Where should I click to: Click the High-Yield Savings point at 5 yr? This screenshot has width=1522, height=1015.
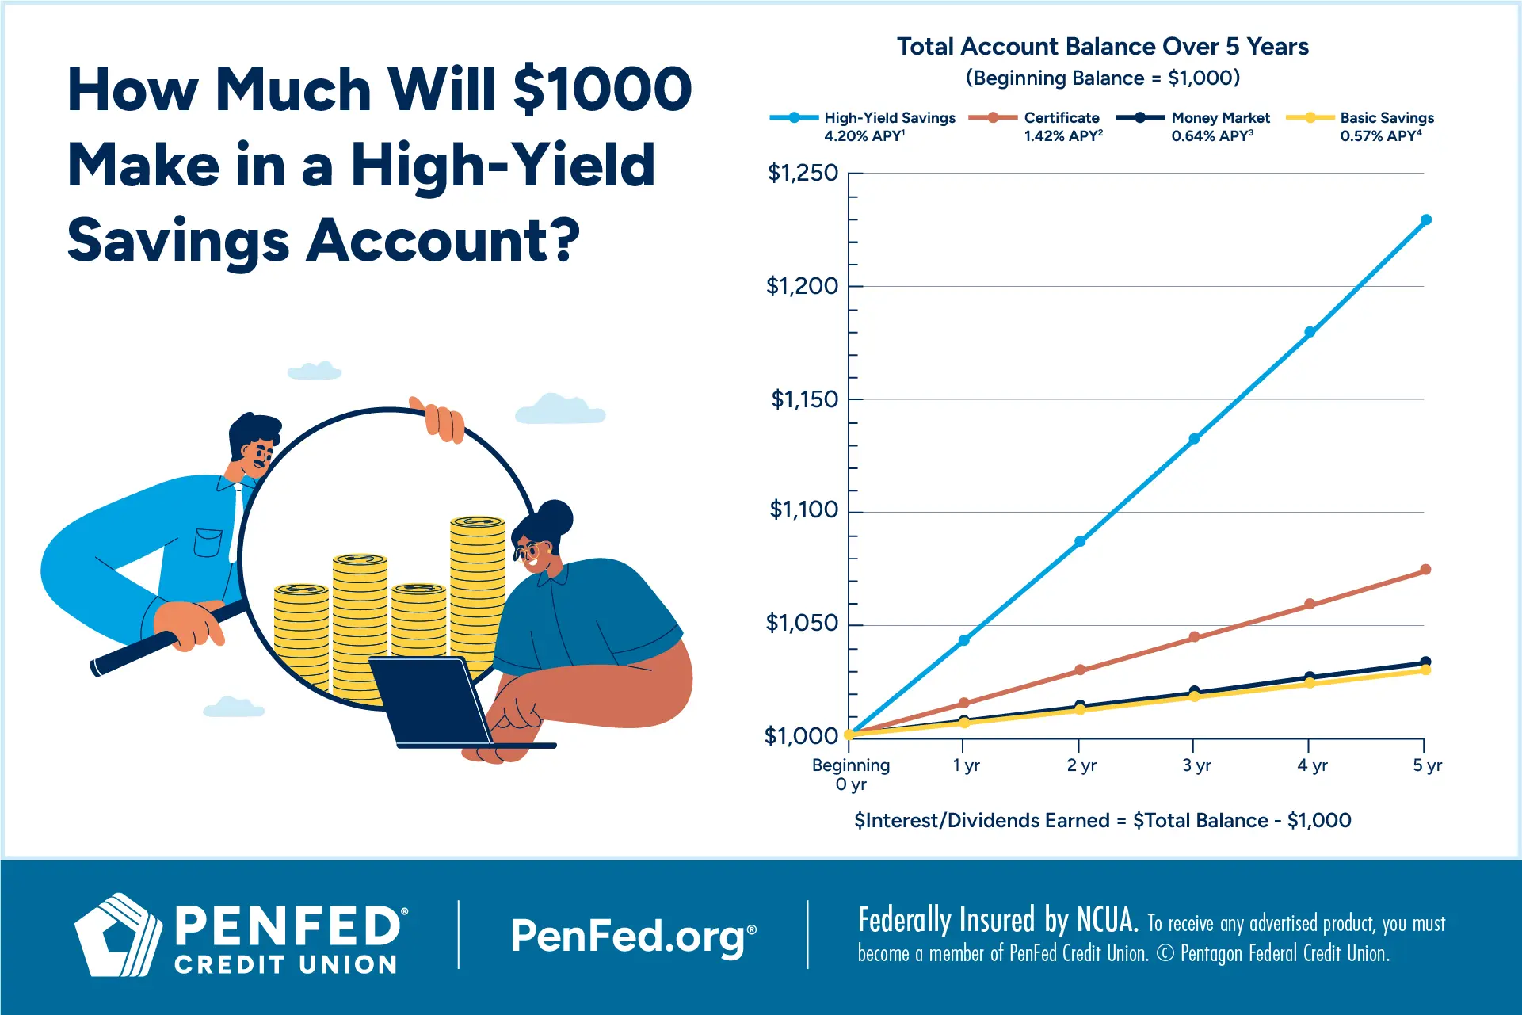[x=1425, y=220]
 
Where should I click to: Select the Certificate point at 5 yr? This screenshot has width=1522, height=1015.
[x=1425, y=570]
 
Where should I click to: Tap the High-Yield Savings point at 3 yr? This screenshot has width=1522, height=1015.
[x=1194, y=439]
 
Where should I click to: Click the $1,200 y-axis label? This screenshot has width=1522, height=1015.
[x=802, y=286]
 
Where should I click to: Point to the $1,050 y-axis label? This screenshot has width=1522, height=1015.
[x=802, y=624]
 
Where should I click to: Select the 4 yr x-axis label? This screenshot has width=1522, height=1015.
[x=1312, y=765]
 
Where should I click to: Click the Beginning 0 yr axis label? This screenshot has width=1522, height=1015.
[x=851, y=774]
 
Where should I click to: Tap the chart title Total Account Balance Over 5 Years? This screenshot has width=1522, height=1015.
[x=1102, y=47]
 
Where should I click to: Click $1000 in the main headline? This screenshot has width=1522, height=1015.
[x=602, y=90]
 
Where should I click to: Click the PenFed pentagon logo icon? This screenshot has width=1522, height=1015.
[x=117, y=935]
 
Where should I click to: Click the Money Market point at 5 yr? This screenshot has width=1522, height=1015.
[x=1425, y=662]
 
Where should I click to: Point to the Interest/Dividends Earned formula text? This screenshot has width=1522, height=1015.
[x=1102, y=821]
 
